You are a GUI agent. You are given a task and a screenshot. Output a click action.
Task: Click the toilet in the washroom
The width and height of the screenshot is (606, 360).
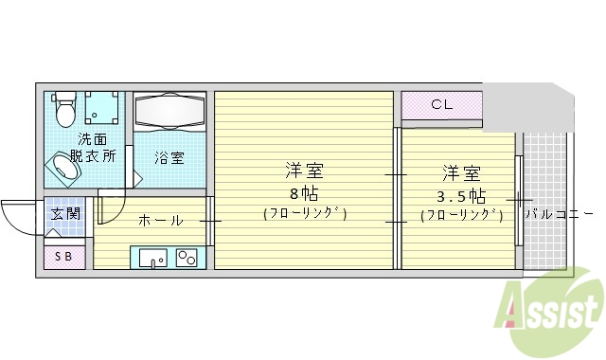(64, 109)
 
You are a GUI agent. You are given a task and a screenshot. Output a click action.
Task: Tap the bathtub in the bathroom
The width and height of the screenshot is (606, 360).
(169, 113)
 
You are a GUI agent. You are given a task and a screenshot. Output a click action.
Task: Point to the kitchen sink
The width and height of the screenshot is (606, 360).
(152, 257)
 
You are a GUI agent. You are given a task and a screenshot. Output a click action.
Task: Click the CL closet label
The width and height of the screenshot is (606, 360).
(442, 104)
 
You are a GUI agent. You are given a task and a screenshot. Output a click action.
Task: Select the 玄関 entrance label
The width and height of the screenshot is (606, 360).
(65, 213)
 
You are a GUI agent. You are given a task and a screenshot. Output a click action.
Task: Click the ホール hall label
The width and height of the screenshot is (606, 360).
(161, 221)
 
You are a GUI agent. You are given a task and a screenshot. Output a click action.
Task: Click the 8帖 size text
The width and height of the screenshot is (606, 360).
(304, 192)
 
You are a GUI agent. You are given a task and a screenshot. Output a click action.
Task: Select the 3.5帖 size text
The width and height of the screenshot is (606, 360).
(461, 196)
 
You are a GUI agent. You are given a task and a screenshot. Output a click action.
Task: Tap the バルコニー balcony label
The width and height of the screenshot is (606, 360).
(559, 214)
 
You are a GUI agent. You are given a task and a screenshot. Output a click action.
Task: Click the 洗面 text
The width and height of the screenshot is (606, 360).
(93, 140)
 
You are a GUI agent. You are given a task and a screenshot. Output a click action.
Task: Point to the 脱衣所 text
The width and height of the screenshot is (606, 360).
(97, 155)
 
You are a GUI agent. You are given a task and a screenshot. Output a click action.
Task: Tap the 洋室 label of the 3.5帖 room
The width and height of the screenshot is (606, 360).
(461, 174)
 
